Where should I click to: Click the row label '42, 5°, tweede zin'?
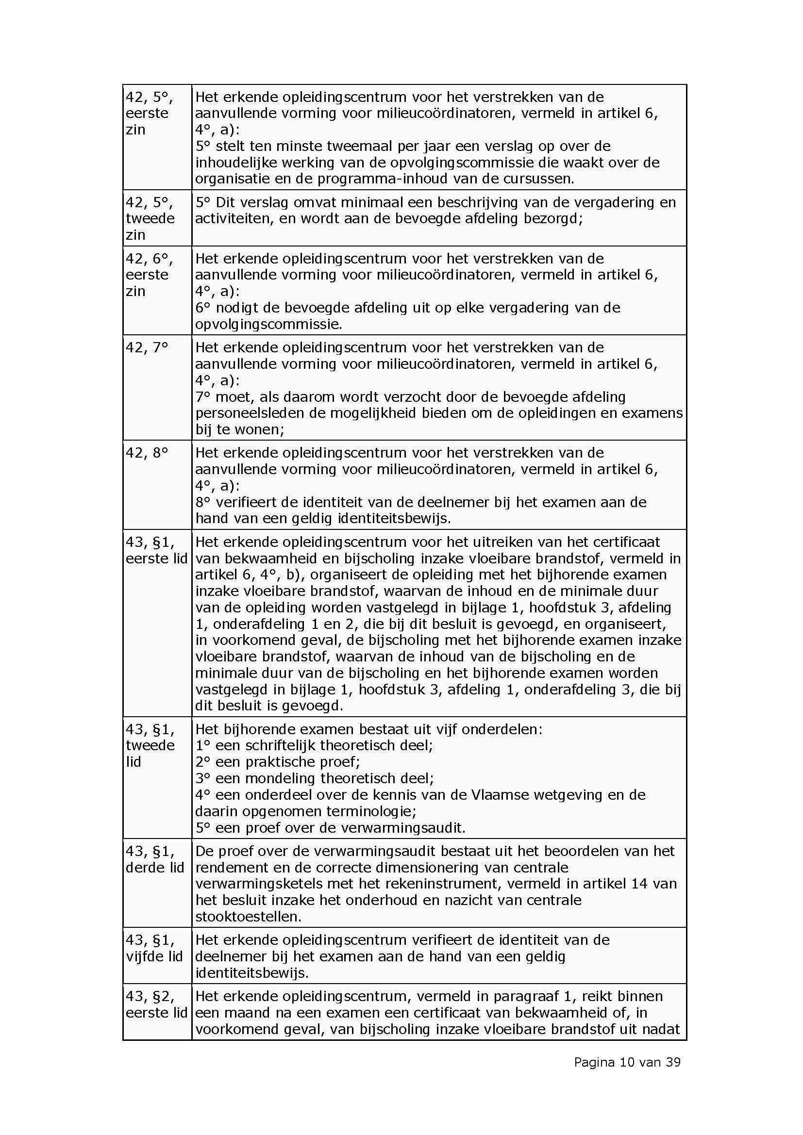pyautogui.click(x=150, y=218)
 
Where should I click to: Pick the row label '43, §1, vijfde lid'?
pyautogui.click(x=154, y=948)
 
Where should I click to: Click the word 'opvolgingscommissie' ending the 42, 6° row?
pyautogui.click(x=268, y=324)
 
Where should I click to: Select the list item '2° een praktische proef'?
pyautogui.click(x=278, y=762)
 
